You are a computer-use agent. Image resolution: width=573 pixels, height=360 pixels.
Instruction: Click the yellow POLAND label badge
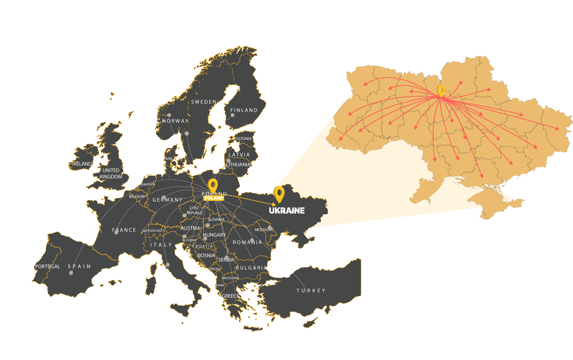click(x=214, y=198)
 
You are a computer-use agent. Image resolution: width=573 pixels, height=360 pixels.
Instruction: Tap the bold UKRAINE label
click(x=287, y=211)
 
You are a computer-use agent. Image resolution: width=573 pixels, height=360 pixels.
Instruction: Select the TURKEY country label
click(x=311, y=290)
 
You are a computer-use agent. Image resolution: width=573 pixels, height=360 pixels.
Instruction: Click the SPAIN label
click(x=80, y=267)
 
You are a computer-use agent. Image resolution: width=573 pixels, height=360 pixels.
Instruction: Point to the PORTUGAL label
click(x=48, y=267)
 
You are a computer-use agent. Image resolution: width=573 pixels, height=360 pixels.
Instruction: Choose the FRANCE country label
click(x=124, y=230)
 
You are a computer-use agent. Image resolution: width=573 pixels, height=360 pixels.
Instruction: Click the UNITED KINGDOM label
click(x=111, y=173)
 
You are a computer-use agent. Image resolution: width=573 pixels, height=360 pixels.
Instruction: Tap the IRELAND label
click(x=82, y=164)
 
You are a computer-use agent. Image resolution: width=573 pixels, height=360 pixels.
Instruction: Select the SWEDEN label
click(x=204, y=102)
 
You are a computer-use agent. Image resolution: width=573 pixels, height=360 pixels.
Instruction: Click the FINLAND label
click(x=244, y=110)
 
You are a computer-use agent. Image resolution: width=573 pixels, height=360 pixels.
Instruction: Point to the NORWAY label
click(x=175, y=121)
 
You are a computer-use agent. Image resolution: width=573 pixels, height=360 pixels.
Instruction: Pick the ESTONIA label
click(x=244, y=139)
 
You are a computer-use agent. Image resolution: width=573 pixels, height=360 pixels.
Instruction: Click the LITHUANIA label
click(x=238, y=165)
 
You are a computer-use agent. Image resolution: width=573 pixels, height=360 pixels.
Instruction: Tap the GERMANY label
click(x=167, y=200)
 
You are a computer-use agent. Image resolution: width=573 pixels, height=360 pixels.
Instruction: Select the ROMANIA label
click(x=247, y=242)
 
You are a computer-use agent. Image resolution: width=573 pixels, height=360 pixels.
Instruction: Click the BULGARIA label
click(x=252, y=268)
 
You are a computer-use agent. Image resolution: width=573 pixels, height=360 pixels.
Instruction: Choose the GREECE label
click(x=230, y=296)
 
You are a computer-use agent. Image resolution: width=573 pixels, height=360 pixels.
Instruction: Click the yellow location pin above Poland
click(x=213, y=185)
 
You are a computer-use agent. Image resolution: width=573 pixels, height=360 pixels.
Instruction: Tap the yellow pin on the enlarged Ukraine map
click(x=440, y=91)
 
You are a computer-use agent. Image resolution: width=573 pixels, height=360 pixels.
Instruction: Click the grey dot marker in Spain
click(x=71, y=273)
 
